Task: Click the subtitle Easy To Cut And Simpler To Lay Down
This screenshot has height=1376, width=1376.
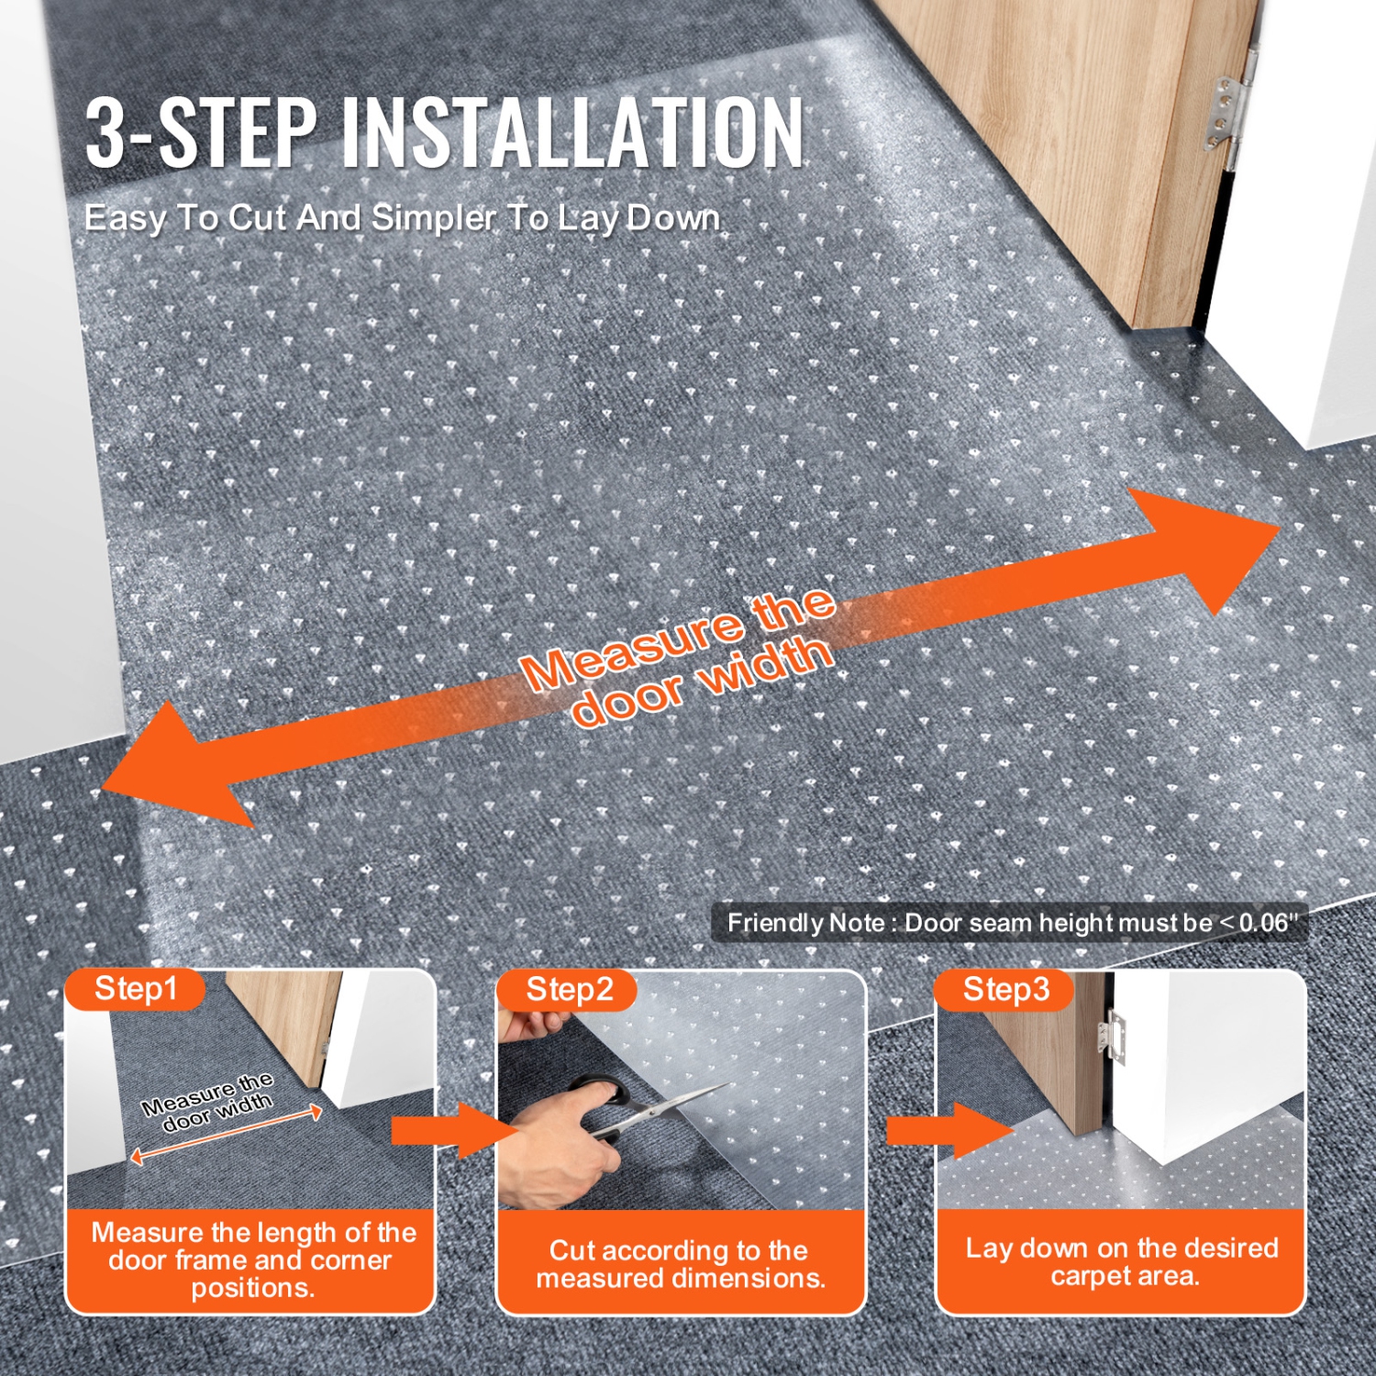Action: (402, 218)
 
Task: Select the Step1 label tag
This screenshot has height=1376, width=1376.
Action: (135, 989)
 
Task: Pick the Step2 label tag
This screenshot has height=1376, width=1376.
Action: (569, 990)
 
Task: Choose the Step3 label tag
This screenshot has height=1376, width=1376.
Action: (1005, 990)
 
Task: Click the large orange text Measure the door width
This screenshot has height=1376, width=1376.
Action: (679, 656)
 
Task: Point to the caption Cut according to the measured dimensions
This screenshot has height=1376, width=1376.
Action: (681, 1263)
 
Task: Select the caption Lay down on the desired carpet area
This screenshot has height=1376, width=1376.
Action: (1121, 1261)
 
